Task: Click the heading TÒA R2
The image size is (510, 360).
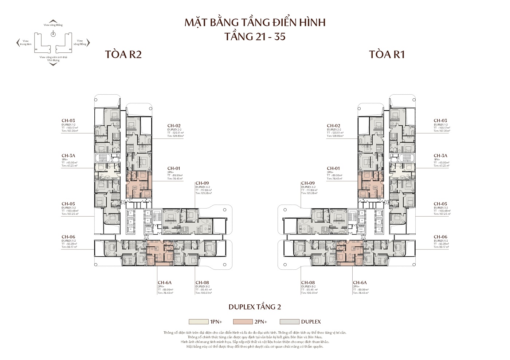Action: [x=123, y=55]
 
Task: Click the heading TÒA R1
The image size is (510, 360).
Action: [x=387, y=55]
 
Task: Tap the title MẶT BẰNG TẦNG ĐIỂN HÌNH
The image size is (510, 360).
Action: [x=255, y=23]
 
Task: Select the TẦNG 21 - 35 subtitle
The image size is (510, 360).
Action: [x=255, y=37]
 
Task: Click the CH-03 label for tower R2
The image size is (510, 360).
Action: [x=68, y=120]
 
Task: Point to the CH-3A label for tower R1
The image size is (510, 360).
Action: [x=440, y=155]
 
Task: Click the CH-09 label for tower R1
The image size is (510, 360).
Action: [x=308, y=183]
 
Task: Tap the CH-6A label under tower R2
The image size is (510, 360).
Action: [x=165, y=282]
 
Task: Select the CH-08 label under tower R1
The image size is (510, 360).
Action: [x=308, y=282]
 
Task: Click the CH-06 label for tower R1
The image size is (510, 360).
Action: [x=440, y=237]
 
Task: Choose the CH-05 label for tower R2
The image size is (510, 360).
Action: [x=68, y=204]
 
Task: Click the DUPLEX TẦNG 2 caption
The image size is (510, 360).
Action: [x=255, y=307]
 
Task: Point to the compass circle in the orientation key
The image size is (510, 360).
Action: [x=53, y=34]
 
